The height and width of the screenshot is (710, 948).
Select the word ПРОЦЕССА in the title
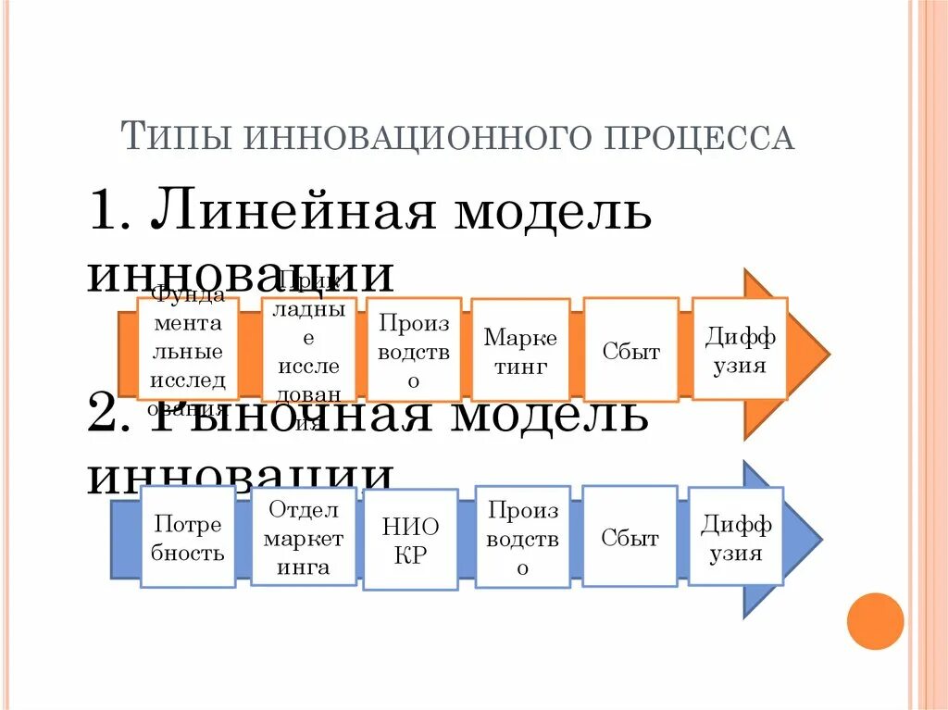tap(699, 137)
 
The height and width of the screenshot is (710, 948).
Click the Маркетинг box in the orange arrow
tap(520, 349)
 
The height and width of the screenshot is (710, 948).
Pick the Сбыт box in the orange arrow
tap(630, 350)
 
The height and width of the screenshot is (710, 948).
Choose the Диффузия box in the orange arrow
tap(740, 348)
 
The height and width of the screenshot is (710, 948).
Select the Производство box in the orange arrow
tap(414, 349)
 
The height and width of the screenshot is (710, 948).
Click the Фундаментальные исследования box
tap(188, 349)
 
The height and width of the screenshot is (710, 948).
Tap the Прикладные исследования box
tap(309, 349)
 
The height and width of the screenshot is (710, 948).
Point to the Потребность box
tap(188, 538)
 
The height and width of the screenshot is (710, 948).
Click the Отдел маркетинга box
tap(304, 538)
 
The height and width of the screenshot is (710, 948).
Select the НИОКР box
tap(410, 541)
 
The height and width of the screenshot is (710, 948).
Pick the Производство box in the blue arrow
tap(523, 538)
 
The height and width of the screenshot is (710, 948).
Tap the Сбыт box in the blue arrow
tap(630, 538)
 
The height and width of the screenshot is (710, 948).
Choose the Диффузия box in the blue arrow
tap(736, 538)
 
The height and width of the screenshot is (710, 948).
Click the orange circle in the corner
tap(874, 621)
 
